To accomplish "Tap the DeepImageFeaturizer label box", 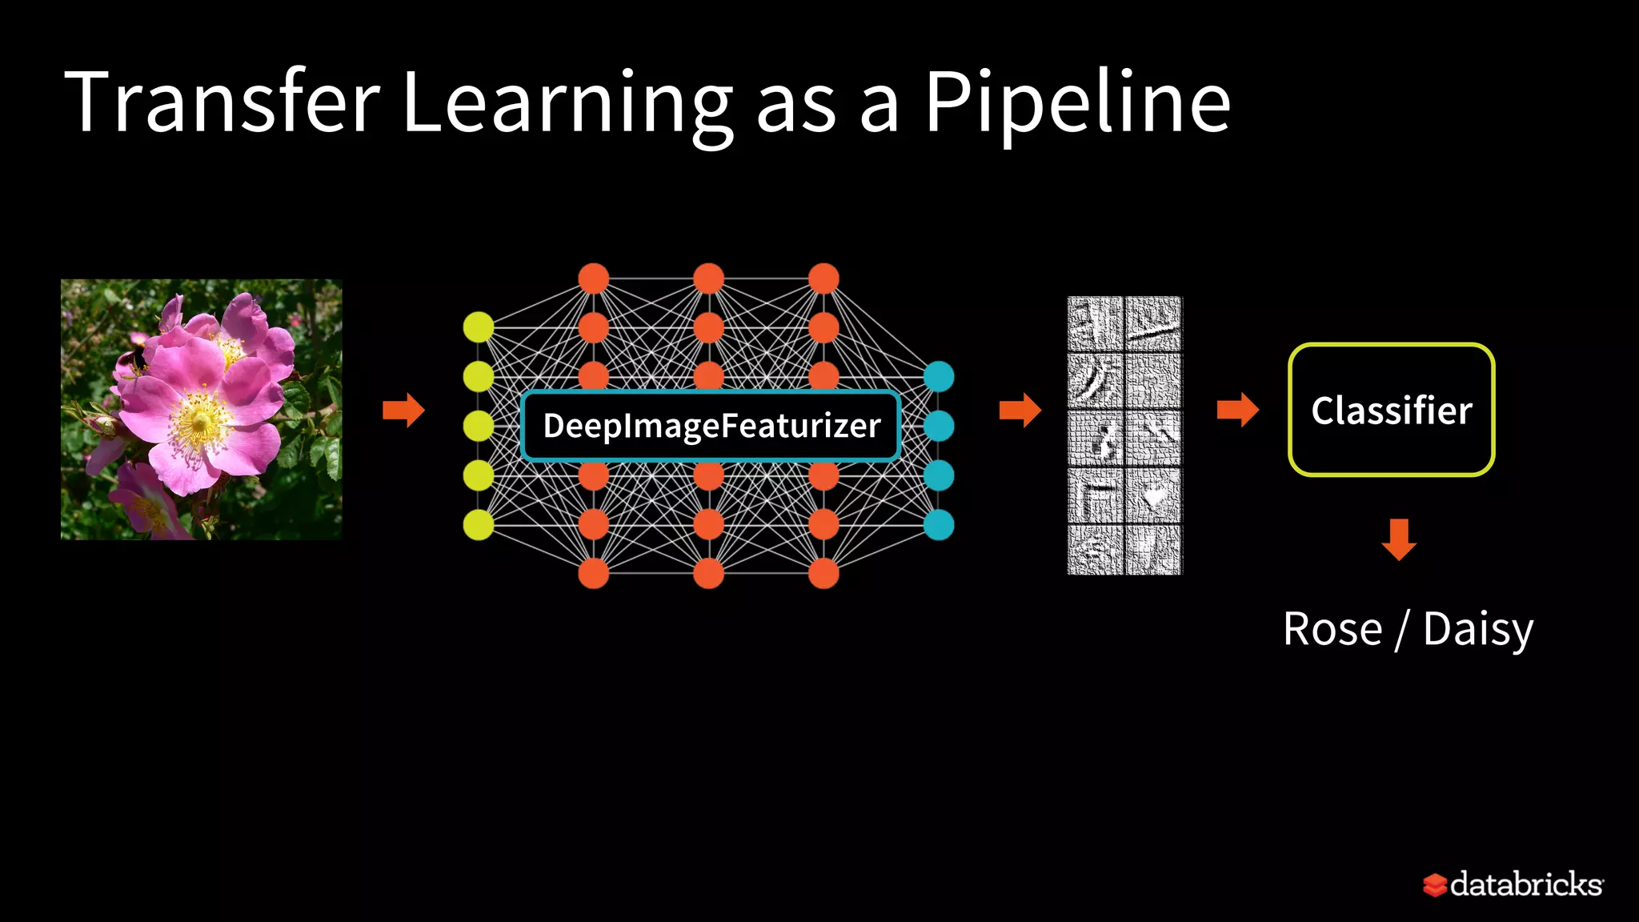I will pyautogui.click(x=711, y=426).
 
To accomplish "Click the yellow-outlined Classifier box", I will pyautogui.click(x=1391, y=410).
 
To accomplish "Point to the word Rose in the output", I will pyautogui.click(x=1332, y=629).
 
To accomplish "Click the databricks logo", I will pyautogui.click(x=1513, y=884).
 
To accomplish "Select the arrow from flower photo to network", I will pyautogui.click(x=403, y=411).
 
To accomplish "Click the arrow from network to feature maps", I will pyautogui.click(x=1020, y=411).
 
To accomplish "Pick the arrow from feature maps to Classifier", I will pyautogui.click(x=1237, y=411).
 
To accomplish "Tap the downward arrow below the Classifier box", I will pyautogui.click(x=1399, y=539).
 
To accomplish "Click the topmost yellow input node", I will pyautogui.click(x=479, y=327).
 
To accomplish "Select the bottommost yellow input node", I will pyautogui.click(x=479, y=525).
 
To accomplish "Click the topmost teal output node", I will pyautogui.click(x=939, y=376).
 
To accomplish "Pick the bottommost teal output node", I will pyautogui.click(x=939, y=525).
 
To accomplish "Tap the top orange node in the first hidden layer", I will pyautogui.click(x=593, y=279).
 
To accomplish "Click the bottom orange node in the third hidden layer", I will pyautogui.click(x=824, y=573).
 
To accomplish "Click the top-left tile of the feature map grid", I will pyautogui.click(x=1096, y=324).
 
